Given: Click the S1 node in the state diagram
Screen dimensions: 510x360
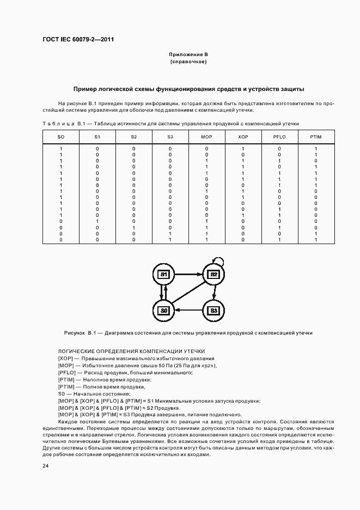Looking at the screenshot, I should (163, 274).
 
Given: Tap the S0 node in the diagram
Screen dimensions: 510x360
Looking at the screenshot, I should (163, 310).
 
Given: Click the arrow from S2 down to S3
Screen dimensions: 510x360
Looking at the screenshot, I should (214, 292).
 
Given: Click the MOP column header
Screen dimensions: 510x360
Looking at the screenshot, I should (206, 136).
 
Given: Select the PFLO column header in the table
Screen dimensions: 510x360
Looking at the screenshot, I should (279, 136).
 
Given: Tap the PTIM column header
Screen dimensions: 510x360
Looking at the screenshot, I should (316, 136).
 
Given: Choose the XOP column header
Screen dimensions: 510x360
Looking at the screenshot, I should (243, 136).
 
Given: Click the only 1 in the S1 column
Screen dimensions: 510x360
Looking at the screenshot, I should (97, 221).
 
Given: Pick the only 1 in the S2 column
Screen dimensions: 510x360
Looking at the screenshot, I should (134, 227).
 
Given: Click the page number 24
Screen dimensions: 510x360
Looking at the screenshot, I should (45, 465).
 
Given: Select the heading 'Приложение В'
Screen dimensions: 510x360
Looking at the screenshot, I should (188, 54).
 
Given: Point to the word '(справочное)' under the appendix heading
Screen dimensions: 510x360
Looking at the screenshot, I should (188, 62).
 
